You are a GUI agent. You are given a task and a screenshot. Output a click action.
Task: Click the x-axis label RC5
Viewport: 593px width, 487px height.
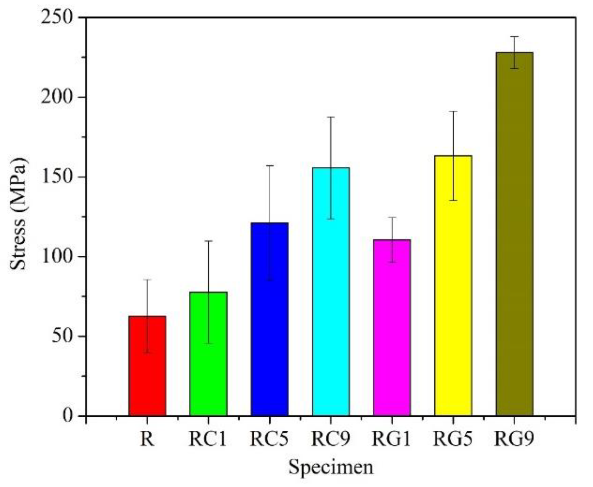pos(269,439)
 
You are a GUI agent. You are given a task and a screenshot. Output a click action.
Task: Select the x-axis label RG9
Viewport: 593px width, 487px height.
pos(514,439)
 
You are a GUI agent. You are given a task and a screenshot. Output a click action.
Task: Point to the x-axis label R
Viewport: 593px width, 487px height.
pos(147,439)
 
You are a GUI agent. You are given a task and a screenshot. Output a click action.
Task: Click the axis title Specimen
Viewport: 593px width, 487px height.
pos(330,467)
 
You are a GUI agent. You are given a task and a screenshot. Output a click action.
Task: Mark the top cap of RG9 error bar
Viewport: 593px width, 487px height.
pos(514,36)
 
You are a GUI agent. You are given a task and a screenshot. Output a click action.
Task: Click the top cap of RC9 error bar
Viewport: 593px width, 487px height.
pos(331,117)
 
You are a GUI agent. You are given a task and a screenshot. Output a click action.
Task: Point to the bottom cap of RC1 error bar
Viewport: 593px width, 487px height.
pos(208,343)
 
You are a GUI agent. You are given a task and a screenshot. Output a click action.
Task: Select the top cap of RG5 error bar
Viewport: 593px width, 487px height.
pos(453,112)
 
